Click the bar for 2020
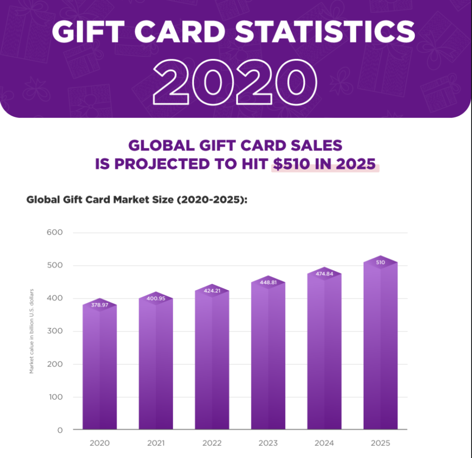coord(100,369)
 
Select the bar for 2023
coord(268,359)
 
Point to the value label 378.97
coord(100,305)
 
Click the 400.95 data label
coord(156,298)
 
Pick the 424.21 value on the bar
coord(212,291)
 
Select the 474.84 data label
coord(324,274)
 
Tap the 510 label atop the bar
coord(380,262)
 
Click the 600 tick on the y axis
coord(55,232)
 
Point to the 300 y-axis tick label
coord(55,331)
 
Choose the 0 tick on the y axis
coord(59,430)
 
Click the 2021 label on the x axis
coord(156,443)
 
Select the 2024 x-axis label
coord(324,443)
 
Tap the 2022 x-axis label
coord(212,443)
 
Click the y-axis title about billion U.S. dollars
coord(32,331)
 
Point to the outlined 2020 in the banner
coord(236,81)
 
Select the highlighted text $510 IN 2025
coord(325,164)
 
